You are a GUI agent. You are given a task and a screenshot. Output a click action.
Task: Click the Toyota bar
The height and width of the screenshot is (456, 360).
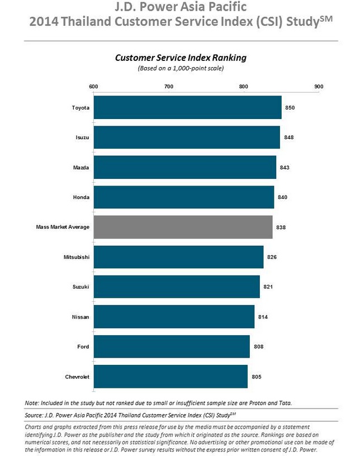point(187,107)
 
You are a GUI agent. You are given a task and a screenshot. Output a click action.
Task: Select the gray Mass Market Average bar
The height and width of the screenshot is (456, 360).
point(183,228)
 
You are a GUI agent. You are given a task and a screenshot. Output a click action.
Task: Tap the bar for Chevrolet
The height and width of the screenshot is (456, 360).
point(170,377)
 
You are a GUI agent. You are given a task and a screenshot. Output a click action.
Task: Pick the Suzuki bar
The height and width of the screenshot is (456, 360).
point(177,287)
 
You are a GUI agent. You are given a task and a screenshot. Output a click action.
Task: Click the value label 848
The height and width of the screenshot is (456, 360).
point(289,137)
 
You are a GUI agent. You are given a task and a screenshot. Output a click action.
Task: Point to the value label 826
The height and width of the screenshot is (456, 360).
point(272,257)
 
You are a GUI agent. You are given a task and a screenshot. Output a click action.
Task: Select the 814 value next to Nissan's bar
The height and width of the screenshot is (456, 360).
point(263,317)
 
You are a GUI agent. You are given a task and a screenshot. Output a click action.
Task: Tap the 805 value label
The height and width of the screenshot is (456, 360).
point(257,377)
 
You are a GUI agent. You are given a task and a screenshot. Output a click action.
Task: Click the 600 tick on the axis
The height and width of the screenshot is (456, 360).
point(93,87)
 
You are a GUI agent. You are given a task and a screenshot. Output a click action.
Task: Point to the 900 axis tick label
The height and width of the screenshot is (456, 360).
point(319,87)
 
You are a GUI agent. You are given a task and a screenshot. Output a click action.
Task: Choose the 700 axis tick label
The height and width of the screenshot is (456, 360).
point(168,87)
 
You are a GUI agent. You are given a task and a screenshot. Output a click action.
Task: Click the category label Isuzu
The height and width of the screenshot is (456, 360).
point(82,137)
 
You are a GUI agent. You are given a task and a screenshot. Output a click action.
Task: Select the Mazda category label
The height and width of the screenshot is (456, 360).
point(81,167)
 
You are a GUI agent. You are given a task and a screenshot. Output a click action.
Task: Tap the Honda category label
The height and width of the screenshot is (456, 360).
point(81,197)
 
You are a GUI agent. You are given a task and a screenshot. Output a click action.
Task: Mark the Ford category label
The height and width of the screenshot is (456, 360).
point(83,347)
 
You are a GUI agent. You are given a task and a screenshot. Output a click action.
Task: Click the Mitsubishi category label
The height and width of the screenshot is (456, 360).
point(77,257)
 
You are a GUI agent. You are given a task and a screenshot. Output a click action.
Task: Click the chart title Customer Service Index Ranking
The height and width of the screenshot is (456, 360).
point(181,58)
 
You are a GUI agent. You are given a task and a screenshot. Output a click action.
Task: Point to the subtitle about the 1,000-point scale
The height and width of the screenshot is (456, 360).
point(181,68)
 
